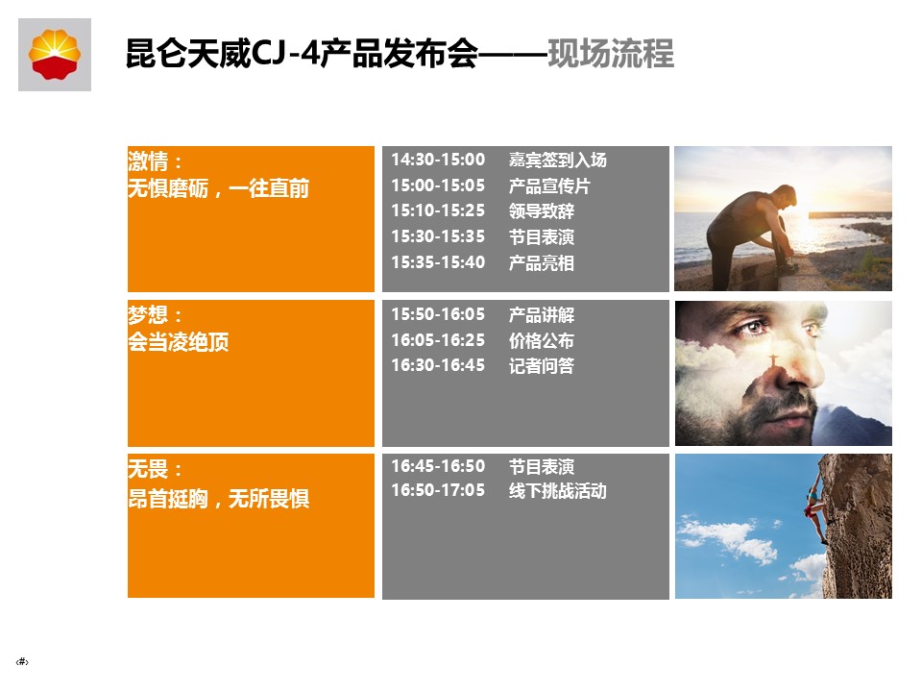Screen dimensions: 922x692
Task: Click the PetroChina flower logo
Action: [x=55, y=55]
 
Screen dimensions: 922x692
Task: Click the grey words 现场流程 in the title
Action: [x=611, y=54]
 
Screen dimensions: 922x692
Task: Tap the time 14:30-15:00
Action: [x=438, y=160]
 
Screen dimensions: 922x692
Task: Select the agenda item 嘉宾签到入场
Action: [x=557, y=160]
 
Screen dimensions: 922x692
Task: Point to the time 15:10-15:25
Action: [x=438, y=210]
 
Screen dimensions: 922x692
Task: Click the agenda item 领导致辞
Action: [x=542, y=210]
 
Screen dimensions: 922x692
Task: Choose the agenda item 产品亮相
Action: [x=542, y=262]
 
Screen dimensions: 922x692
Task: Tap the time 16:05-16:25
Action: [x=438, y=340]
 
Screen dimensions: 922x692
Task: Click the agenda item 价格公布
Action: [x=542, y=340]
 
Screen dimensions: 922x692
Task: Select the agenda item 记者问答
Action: [x=542, y=365]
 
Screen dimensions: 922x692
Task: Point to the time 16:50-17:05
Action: [x=438, y=490]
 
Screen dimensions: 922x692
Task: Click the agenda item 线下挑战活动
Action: [x=557, y=490]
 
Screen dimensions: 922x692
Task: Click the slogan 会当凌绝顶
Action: [x=179, y=341]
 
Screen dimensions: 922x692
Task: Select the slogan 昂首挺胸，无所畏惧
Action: [x=219, y=499]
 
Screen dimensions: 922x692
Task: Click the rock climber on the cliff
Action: [x=816, y=507]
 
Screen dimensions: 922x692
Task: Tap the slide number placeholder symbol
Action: [x=22, y=661]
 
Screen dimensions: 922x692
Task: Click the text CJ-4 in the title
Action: [x=286, y=54]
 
